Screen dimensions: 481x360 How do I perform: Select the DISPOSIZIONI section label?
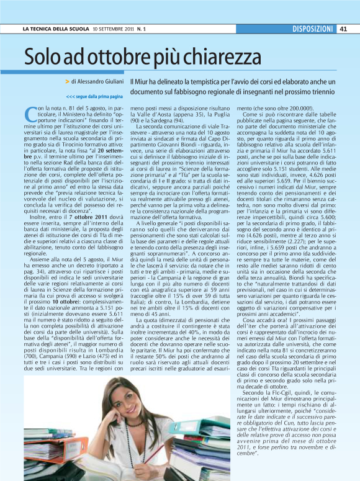click(312, 29)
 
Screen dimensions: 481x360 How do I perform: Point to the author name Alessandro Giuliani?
click(101, 81)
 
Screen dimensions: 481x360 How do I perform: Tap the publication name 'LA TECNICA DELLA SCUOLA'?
click(55, 29)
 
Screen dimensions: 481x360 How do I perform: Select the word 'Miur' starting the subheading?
click(142, 81)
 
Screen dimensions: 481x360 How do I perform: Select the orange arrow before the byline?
click(67, 81)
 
